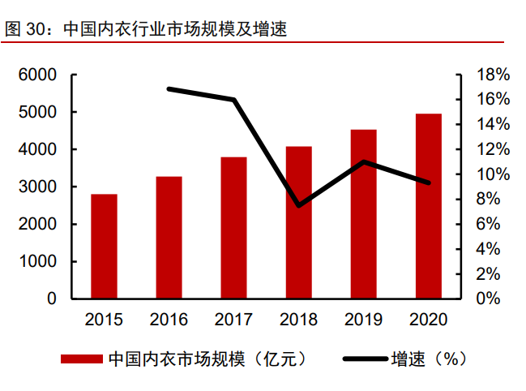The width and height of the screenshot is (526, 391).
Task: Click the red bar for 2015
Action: pos(104,247)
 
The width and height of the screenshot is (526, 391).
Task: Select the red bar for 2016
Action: pos(169,237)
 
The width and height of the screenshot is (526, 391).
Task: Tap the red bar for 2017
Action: pos(233,227)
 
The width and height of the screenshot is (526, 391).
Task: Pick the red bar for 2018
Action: pos(298,222)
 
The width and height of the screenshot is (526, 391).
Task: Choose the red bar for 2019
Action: pos(364,213)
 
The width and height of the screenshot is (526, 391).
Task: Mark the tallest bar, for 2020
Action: pos(429,206)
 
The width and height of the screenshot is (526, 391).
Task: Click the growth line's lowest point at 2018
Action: pos(298,205)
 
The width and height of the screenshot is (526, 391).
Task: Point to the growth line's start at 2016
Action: pos(169,88)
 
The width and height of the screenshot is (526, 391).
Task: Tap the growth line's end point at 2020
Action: pos(429,183)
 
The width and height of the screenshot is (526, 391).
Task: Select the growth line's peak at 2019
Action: pos(364,161)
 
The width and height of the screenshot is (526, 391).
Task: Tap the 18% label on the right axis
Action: pos(492,75)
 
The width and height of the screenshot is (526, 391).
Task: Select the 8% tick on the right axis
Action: pos(492,199)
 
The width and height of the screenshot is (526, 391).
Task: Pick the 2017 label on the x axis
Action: pos(233,320)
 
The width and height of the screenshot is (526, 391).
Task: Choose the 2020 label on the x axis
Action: pos(429,320)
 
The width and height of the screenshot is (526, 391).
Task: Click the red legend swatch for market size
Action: pos(81,359)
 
